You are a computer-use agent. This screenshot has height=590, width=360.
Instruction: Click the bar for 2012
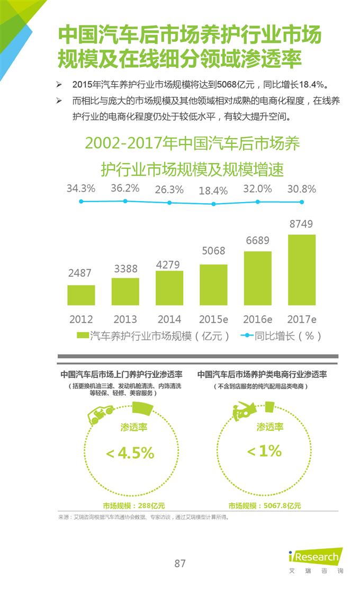pyautogui.click(x=81, y=295)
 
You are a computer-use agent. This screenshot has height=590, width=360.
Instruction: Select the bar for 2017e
pyautogui.click(x=302, y=270)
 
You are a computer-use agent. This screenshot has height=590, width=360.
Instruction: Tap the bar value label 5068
pyautogui.click(x=213, y=250)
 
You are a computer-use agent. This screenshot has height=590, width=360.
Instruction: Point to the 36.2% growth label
pyautogui.click(x=125, y=188)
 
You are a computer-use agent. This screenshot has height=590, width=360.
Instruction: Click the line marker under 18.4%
pyautogui.click(x=213, y=204)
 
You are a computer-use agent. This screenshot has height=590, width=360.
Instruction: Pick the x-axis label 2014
pyautogui.click(x=169, y=319)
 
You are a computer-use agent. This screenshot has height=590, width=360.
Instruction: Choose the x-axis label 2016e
pyautogui.click(x=257, y=319)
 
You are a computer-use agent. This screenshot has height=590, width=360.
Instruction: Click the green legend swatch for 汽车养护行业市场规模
pyautogui.click(x=82, y=335)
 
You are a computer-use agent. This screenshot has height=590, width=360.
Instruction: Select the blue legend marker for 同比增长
pyautogui.click(x=247, y=335)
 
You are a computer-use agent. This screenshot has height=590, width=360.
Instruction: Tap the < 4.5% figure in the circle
pyautogui.click(x=130, y=453)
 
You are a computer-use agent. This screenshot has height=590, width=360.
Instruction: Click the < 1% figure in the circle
pyautogui.click(x=265, y=451)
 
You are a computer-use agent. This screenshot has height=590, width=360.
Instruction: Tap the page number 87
pyautogui.click(x=180, y=563)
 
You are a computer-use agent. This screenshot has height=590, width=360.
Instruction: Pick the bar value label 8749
pyautogui.click(x=301, y=224)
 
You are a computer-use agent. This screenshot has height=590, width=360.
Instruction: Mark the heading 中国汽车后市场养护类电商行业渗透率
pyautogui.click(x=262, y=374)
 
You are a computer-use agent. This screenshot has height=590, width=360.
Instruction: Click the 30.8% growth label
pyautogui.click(x=301, y=188)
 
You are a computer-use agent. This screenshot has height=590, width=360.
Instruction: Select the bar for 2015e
pyautogui.click(x=213, y=285)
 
